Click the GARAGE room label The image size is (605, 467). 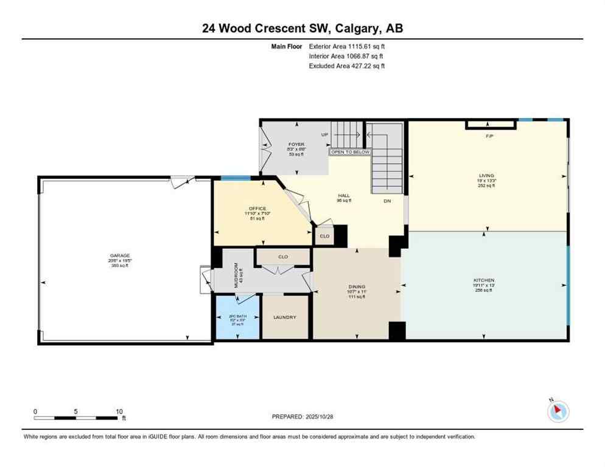tap(119, 255)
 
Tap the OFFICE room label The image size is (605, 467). tap(257, 209)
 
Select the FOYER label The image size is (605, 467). tap(296, 145)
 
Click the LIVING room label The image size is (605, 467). tap(486, 175)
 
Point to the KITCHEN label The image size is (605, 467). tap(484, 280)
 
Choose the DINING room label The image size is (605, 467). tap(357, 286)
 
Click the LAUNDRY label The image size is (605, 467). tap(285, 317)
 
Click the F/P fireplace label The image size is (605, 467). tap(489, 136)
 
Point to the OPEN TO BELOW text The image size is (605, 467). tap(350, 152)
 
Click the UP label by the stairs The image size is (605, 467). tap(325, 134)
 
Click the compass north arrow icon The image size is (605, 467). tap(557, 411)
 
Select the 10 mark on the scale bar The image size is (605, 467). tap(119, 411)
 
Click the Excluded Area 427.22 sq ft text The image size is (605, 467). tap(347, 66)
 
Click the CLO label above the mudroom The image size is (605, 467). tap(283, 257)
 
